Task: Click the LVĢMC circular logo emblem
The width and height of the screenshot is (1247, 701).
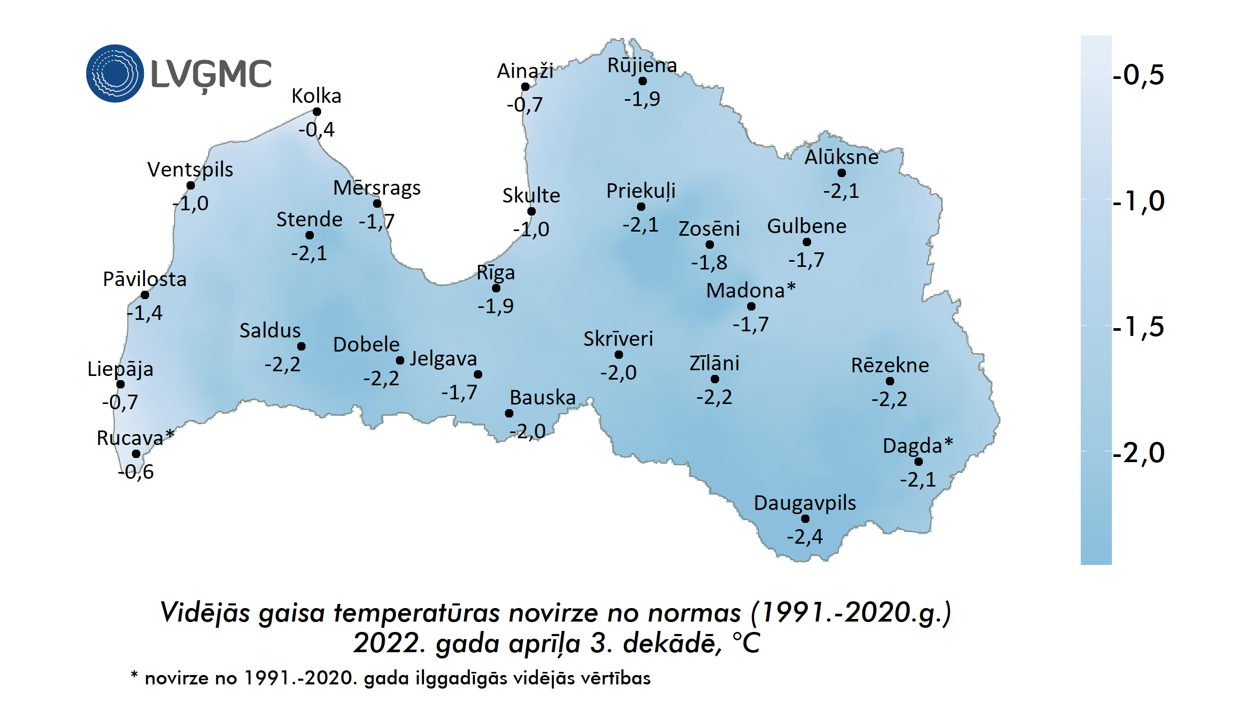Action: (115, 73)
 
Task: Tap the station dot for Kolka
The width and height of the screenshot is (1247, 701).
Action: (316, 112)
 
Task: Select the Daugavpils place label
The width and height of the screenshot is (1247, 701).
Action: (804, 503)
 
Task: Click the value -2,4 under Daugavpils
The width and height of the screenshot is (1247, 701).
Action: (804, 536)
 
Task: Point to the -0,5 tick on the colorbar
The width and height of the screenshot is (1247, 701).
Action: (1138, 75)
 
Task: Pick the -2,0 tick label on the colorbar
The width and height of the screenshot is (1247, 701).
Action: (1138, 453)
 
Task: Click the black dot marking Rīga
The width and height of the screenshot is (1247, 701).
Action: (496, 288)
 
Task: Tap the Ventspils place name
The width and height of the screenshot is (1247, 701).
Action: (190, 169)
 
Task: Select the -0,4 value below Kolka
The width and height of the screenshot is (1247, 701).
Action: (316, 129)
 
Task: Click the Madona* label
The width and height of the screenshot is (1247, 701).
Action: (750, 290)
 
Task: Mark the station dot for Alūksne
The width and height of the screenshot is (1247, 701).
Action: (841, 173)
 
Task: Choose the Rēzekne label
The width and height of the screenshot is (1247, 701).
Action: (890, 365)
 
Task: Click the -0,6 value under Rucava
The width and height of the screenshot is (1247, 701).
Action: (136, 471)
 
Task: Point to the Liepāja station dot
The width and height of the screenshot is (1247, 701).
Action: (121, 384)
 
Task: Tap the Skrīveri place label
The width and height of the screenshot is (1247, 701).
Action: (618, 339)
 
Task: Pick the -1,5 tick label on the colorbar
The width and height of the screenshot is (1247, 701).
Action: (1138, 327)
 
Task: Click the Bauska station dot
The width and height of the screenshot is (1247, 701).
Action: (509, 413)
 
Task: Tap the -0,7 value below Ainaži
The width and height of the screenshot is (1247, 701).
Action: (525, 105)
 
